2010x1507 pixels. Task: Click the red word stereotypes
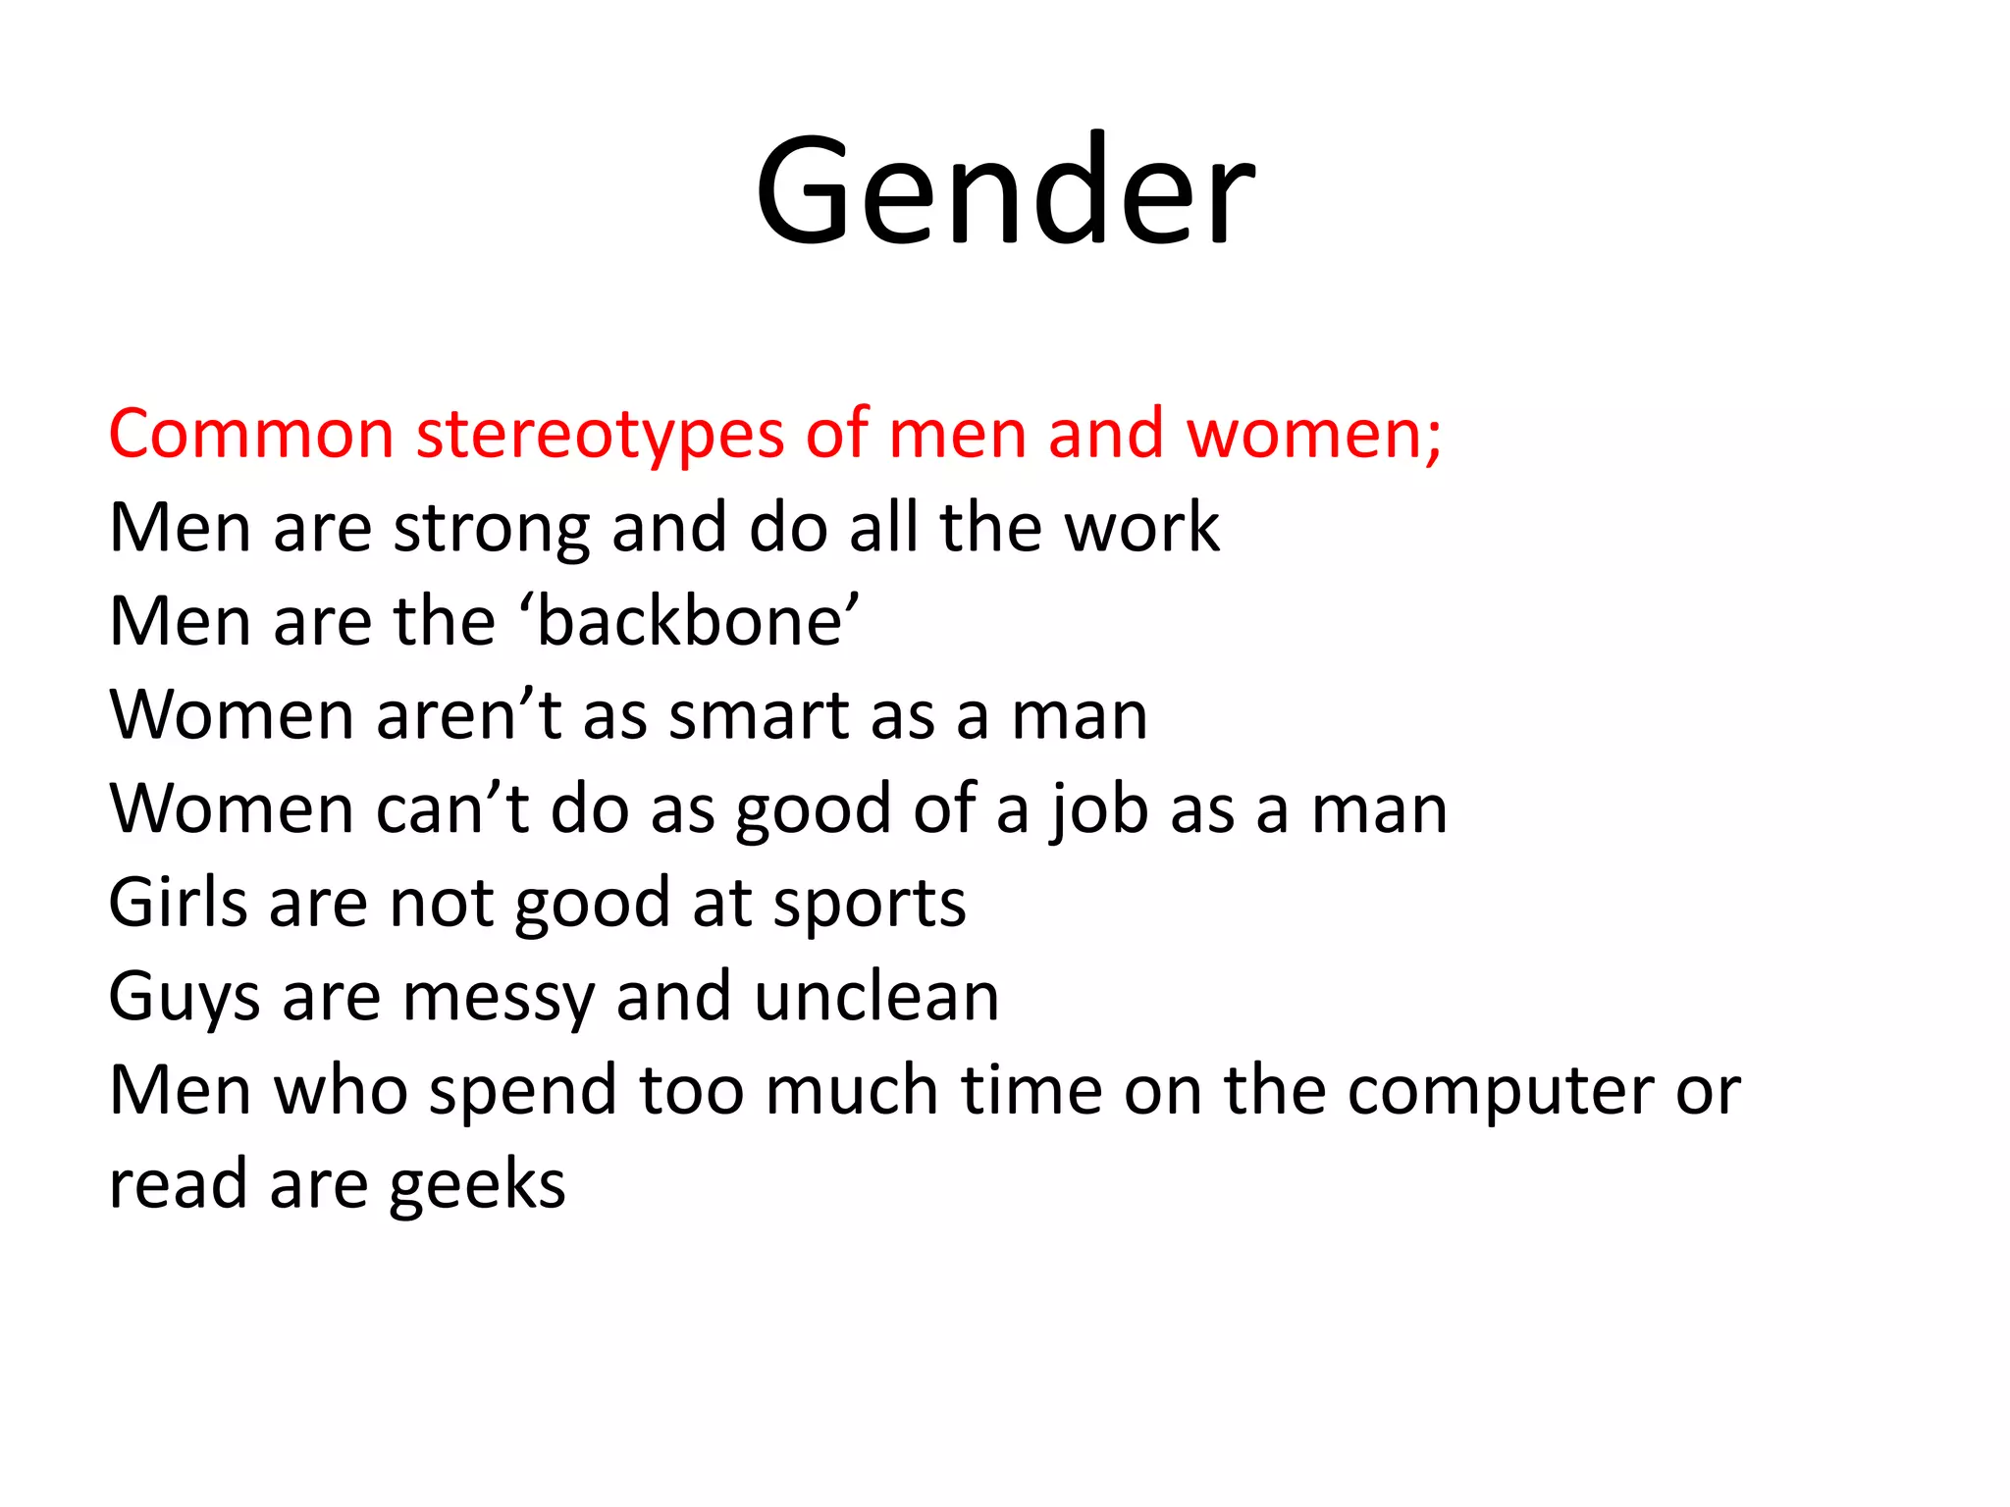(600, 434)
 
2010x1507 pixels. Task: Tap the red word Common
(251, 434)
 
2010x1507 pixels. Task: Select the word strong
(491, 530)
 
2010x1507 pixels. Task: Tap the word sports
(870, 904)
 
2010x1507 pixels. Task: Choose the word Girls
(177, 903)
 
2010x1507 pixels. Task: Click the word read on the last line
(178, 1184)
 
